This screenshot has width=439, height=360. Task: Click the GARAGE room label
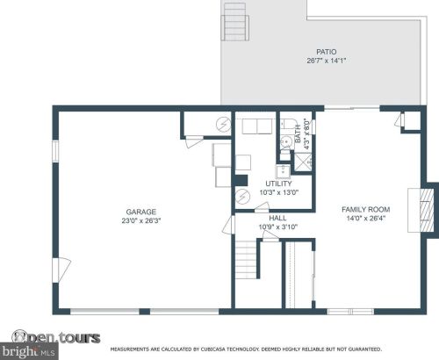click(140, 212)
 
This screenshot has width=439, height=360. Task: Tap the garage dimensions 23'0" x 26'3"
click(141, 220)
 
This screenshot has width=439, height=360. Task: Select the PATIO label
click(327, 52)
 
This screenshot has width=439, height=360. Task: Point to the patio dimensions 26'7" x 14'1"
click(327, 61)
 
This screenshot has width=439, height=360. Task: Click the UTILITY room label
click(278, 184)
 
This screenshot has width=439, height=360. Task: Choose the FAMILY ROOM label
click(366, 210)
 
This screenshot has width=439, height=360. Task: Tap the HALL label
click(277, 218)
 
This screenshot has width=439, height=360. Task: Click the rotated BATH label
click(298, 134)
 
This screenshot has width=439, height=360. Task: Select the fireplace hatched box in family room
click(427, 210)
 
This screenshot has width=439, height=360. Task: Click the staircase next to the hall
click(246, 260)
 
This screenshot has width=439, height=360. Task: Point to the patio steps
click(235, 21)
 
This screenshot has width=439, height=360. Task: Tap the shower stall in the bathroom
click(303, 162)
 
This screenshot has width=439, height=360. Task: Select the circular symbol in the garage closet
click(223, 125)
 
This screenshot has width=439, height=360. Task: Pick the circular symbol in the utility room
click(243, 197)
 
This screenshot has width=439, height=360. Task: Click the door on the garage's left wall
click(61, 270)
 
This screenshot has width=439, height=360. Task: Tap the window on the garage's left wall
click(55, 151)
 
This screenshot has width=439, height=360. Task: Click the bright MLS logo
click(29, 351)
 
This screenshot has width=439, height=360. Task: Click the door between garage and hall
click(229, 225)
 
